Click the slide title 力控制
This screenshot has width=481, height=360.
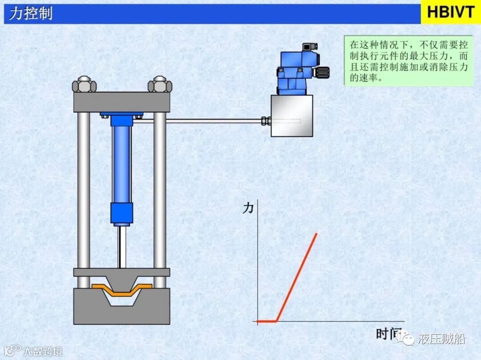click(30, 14)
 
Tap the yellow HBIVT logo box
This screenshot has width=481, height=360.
click(451, 12)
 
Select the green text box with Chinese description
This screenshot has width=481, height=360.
click(408, 61)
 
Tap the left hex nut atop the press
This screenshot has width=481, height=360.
click(85, 84)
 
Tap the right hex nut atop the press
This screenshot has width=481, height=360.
click(159, 84)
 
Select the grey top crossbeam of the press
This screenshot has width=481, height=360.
click(122, 102)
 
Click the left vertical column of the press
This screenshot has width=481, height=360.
click(83, 191)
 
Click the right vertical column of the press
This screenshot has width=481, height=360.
click(160, 191)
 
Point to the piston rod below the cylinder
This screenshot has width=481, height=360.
click(122, 247)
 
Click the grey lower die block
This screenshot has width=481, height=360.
click(122, 311)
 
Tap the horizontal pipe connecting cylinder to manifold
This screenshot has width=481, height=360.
click(200, 121)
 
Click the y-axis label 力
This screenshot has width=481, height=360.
click(248, 207)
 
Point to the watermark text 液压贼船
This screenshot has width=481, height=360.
click(441, 339)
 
